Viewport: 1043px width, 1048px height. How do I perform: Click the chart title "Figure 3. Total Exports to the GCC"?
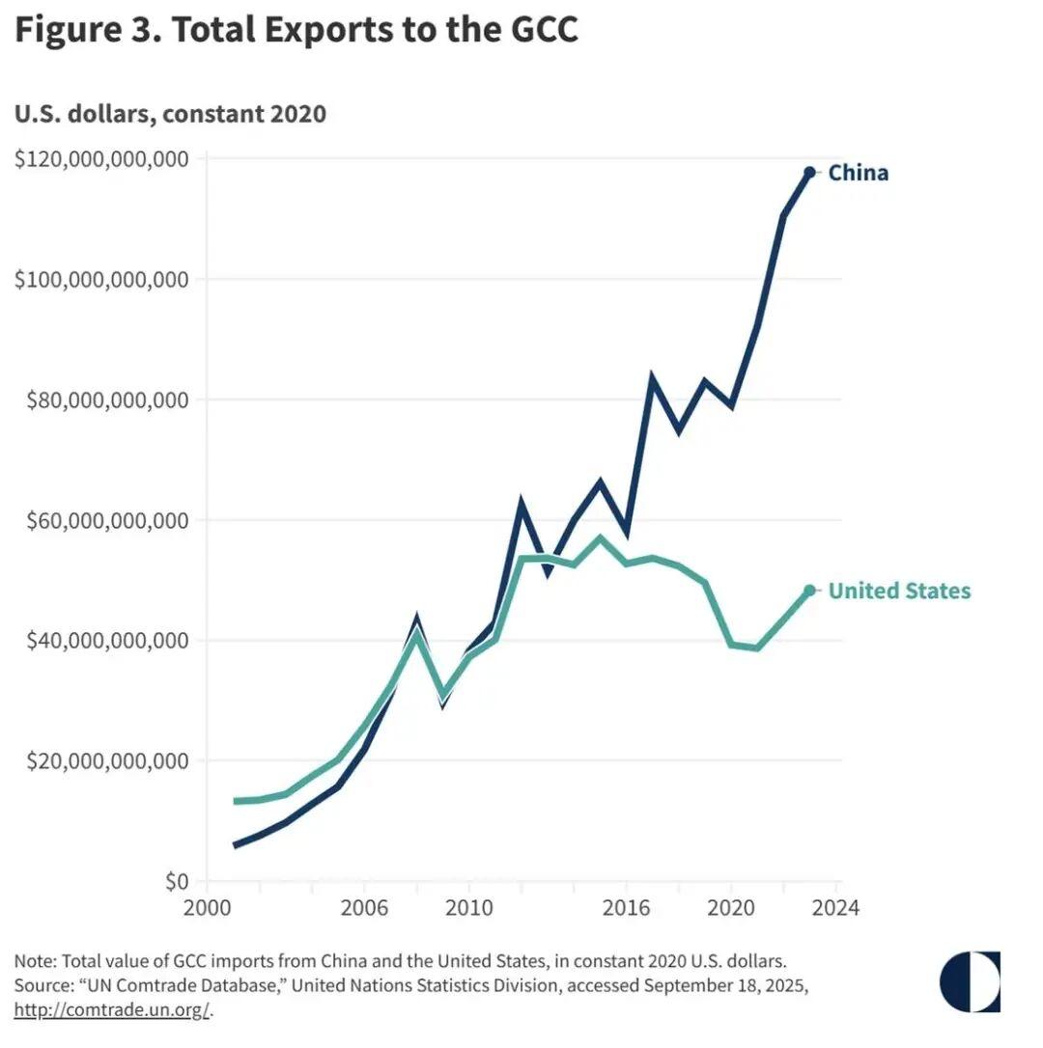(296, 30)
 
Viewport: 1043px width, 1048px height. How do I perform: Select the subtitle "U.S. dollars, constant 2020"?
(170, 114)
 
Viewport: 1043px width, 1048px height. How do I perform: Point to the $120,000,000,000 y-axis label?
(101, 159)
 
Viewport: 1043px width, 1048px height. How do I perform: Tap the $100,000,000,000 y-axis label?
(101, 280)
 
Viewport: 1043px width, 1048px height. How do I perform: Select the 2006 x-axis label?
(364, 908)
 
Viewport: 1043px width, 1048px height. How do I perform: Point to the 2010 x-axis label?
(468, 908)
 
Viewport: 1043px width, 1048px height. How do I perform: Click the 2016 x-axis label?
(626, 908)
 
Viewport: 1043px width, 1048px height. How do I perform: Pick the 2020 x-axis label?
(731, 908)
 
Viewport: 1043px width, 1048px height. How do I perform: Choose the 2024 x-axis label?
(834, 908)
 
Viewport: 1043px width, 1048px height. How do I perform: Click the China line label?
(858, 174)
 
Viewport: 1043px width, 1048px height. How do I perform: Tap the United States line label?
(899, 591)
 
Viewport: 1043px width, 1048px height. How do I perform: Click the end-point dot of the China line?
(809, 173)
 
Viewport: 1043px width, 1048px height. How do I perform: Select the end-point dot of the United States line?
(809, 591)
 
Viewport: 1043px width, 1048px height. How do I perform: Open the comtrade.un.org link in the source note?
(111, 1010)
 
